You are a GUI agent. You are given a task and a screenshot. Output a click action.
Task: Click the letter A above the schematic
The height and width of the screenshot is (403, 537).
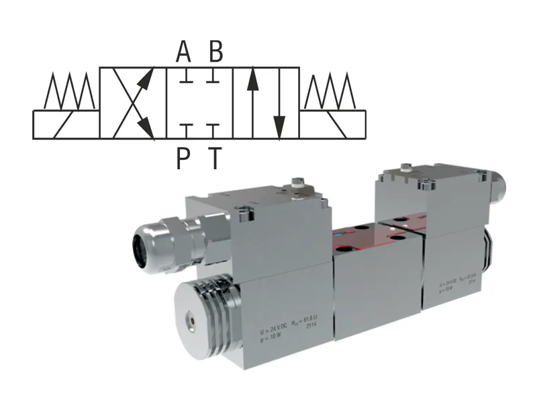tap(183, 51)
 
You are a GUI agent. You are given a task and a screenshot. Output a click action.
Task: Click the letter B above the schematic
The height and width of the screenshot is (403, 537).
tap(215, 51)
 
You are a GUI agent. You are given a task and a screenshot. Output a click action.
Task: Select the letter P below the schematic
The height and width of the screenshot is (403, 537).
tap(184, 159)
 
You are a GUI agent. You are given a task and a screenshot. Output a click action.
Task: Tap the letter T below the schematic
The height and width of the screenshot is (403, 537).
tap(215, 159)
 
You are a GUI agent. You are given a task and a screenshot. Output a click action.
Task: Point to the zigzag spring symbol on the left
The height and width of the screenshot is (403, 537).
tap(67, 91)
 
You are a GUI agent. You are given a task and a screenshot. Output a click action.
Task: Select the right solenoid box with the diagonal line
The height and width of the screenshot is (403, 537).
tap(332, 124)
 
